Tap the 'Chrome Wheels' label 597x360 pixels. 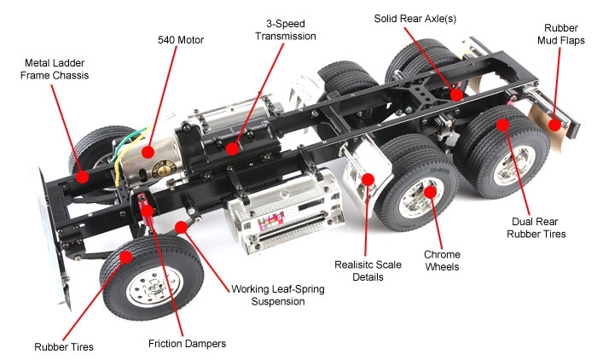pyautogui.click(x=442, y=261)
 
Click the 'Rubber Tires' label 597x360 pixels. pyautogui.click(x=63, y=346)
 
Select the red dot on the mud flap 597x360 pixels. pyautogui.click(x=555, y=125)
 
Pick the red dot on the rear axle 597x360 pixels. pyautogui.click(x=458, y=94)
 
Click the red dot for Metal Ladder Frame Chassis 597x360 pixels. pyautogui.click(x=83, y=177)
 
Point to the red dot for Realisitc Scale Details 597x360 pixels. pyautogui.click(x=369, y=179)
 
